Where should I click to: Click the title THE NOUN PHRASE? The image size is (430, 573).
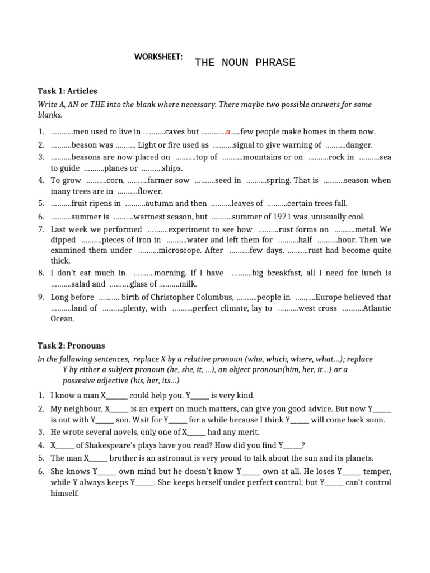[x=245, y=63]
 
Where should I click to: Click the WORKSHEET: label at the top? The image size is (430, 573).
[x=158, y=57]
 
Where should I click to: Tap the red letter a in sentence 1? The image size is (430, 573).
[x=228, y=132]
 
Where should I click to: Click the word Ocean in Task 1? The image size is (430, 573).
[x=62, y=318]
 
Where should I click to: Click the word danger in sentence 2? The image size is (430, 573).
[x=358, y=145]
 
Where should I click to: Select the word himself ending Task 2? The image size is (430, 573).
[x=65, y=494]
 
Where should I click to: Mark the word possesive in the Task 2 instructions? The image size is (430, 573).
[x=81, y=381]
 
